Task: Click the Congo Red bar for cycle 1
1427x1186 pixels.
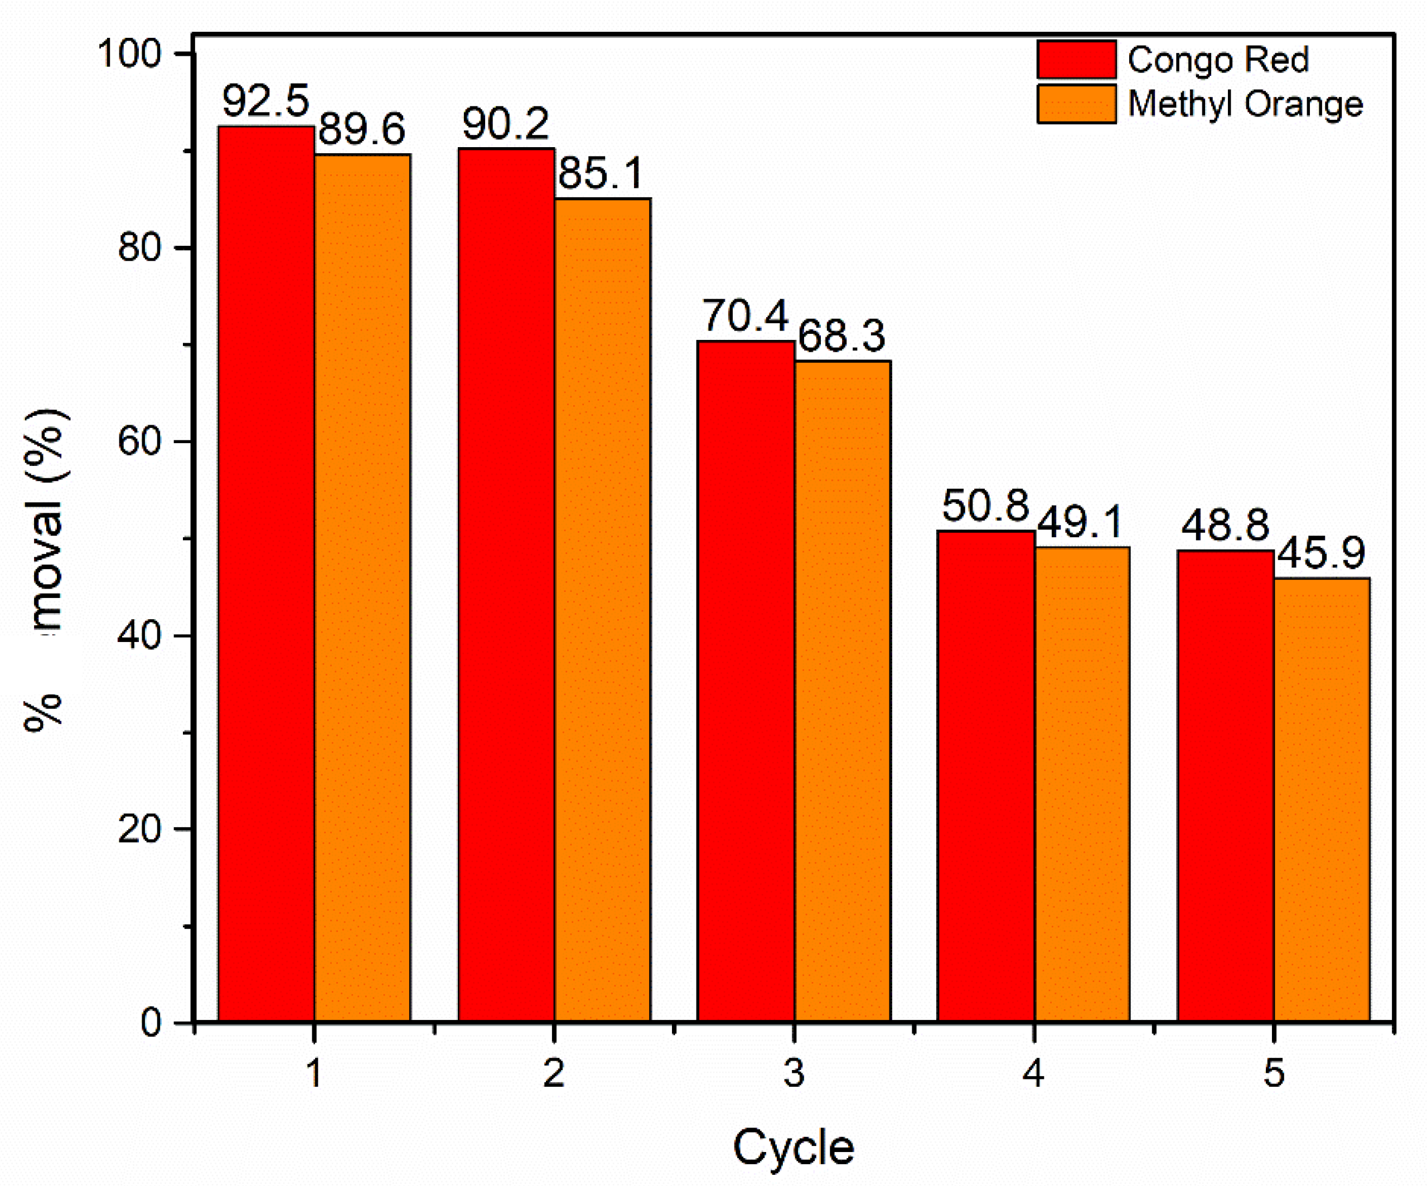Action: (x=267, y=574)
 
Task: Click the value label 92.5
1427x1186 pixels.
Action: (x=265, y=100)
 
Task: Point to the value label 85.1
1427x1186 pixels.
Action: (x=601, y=173)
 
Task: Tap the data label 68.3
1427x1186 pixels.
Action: (x=841, y=336)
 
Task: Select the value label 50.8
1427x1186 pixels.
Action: (x=986, y=506)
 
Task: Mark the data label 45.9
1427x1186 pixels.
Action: (x=1321, y=553)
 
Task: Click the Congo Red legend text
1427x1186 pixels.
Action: (x=1218, y=60)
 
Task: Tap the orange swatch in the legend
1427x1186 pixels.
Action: (x=1076, y=104)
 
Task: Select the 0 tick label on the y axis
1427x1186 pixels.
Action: (x=151, y=1022)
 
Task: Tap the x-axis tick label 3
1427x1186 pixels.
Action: (x=794, y=1074)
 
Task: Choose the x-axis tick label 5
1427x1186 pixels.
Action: (x=1274, y=1074)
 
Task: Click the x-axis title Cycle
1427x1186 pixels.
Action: (x=793, y=1148)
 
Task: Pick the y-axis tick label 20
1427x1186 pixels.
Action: (x=139, y=829)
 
